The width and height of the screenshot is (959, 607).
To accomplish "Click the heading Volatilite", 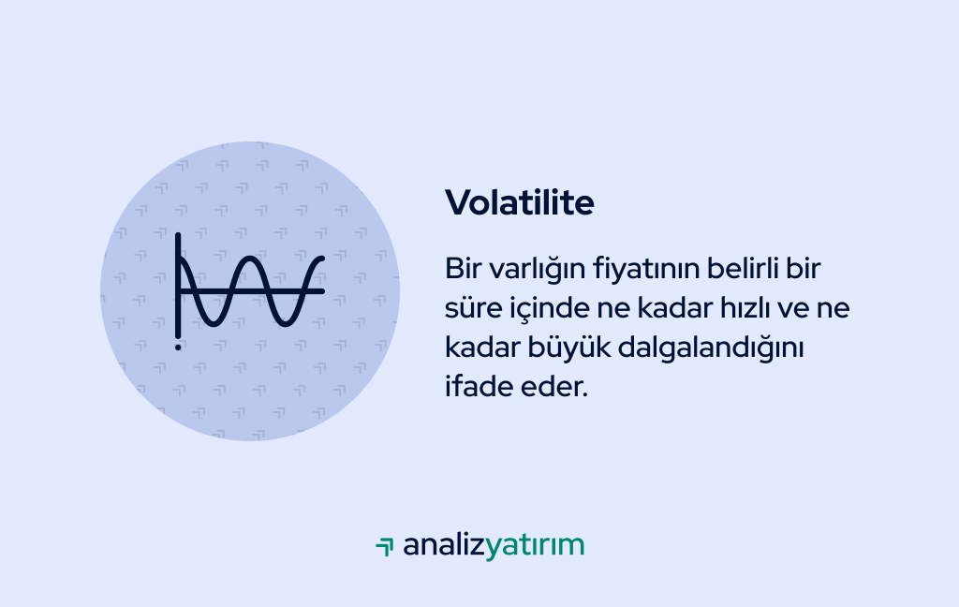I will pyautogui.click(x=519, y=202).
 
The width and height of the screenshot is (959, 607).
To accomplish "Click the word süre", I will pyautogui.click(x=470, y=308).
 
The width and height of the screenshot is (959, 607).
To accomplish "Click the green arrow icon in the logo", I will pyautogui.click(x=384, y=546).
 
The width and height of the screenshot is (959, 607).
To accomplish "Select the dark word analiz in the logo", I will pyautogui.click(x=444, y=545).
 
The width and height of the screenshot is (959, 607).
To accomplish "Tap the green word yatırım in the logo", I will pyautogui.click(x=535, y=545).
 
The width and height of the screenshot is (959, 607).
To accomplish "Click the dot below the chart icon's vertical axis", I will pyautogui.click(x=178, y=347).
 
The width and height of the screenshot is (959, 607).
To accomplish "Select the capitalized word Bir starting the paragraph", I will pyautogui.click(x=463, y=269).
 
